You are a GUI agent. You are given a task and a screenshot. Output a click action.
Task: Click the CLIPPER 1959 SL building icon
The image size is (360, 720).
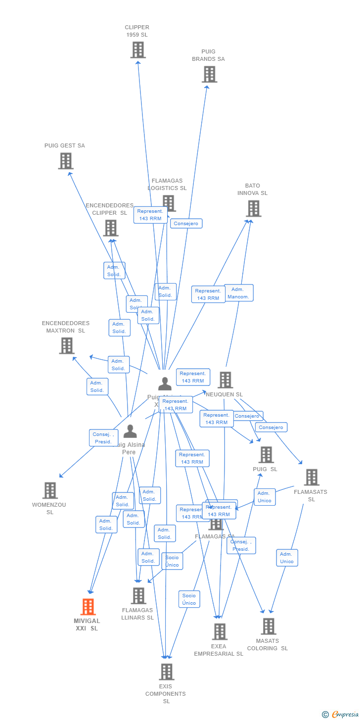(138, 50)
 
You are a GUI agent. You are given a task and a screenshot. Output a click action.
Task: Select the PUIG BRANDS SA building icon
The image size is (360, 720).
(210, 74)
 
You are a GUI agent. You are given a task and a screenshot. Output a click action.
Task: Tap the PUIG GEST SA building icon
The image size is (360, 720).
(66, 161)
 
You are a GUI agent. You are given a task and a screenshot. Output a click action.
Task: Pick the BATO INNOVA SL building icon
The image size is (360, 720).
(253, 208)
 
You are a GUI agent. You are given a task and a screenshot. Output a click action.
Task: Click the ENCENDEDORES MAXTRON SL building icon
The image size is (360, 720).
(67, 345)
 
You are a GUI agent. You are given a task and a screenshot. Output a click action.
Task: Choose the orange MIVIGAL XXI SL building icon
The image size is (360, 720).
(88, 607)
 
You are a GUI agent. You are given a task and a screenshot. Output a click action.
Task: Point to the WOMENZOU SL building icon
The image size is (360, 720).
(50, 490)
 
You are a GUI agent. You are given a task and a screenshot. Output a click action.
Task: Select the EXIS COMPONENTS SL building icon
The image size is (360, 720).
(167, 672)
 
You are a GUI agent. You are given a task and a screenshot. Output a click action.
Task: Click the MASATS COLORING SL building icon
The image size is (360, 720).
(269, 626)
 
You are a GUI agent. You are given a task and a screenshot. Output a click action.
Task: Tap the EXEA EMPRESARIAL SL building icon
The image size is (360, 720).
(220, 631)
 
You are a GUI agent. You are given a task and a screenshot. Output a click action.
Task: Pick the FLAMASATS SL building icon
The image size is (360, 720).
(312, 478)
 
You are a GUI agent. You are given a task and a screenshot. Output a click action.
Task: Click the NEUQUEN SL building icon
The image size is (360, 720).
(225, 380)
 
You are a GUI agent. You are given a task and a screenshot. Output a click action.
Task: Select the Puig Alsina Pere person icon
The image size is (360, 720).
(130, 432)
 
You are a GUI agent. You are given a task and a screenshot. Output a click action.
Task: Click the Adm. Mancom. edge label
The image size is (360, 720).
(238, 293)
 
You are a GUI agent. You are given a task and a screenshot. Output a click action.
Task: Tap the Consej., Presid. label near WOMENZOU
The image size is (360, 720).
(103, 438)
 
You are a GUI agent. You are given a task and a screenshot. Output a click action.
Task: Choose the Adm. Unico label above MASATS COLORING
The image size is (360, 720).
(287, 558)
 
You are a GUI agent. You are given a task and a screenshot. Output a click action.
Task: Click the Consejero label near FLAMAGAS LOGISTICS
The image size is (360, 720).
(186, 224)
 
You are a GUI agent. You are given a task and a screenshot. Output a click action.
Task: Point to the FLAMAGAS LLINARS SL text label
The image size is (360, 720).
(137, 614)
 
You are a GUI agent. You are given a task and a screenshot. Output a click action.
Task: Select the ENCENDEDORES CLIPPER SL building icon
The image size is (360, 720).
(111, 228)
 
